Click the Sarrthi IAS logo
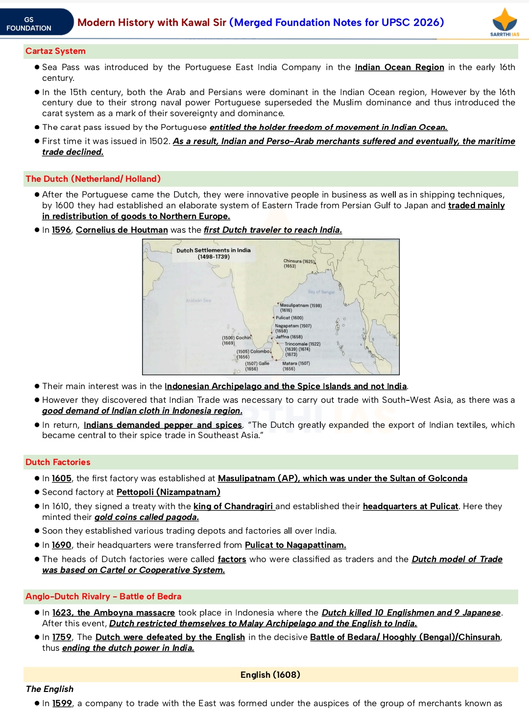click(x=505, y=22)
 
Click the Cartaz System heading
click(x=55, y=51)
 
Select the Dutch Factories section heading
click(x=58, y=462)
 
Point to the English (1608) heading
click(x=270, y=675)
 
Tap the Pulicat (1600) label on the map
click(x=289, y=318)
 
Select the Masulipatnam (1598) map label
click(x=300, y=305)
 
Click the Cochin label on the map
click(x=243, y=338)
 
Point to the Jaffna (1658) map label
click(x=289, y=337)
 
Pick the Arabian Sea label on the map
click(x=198, y=300)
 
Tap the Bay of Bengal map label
click(x=321, y=292)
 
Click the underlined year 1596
click(x=61, y=230)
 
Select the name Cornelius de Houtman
click(x=121, y=230)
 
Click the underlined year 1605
click(x=61, y=478)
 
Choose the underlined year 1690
click(x=61, y=545)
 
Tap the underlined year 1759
click(x=62, y=637)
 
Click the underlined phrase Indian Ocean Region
click(x=399, y=67)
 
